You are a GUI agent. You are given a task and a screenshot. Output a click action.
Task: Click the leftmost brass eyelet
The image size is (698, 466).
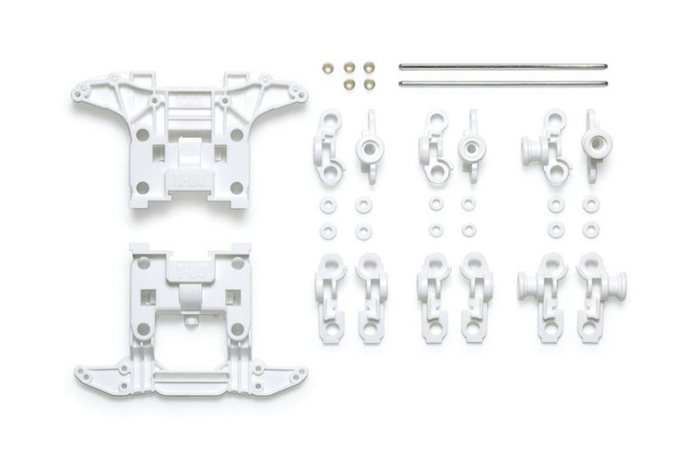(x=329, y=68)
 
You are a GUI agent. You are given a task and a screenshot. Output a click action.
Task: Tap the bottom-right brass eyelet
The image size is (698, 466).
(x=369, y=84)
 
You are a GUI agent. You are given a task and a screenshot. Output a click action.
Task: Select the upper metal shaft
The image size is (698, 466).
(x=503, y=66)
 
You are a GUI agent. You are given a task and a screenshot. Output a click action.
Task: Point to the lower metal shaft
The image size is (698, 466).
(x=503, y=84)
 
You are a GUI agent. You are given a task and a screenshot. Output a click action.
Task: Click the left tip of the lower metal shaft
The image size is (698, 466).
(x=401, y=84)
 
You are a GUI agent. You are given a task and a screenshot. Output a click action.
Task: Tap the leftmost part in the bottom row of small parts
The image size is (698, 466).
(x=329, y=296)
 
